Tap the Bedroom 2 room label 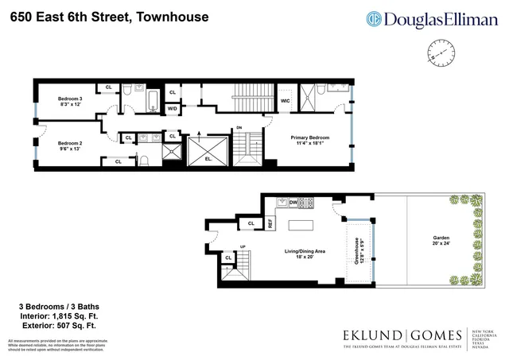click(x=70, y=133)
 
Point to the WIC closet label click(x=285, y=101)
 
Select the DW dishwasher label click(x=293, y=203)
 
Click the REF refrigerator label click(x=270, y=224)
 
